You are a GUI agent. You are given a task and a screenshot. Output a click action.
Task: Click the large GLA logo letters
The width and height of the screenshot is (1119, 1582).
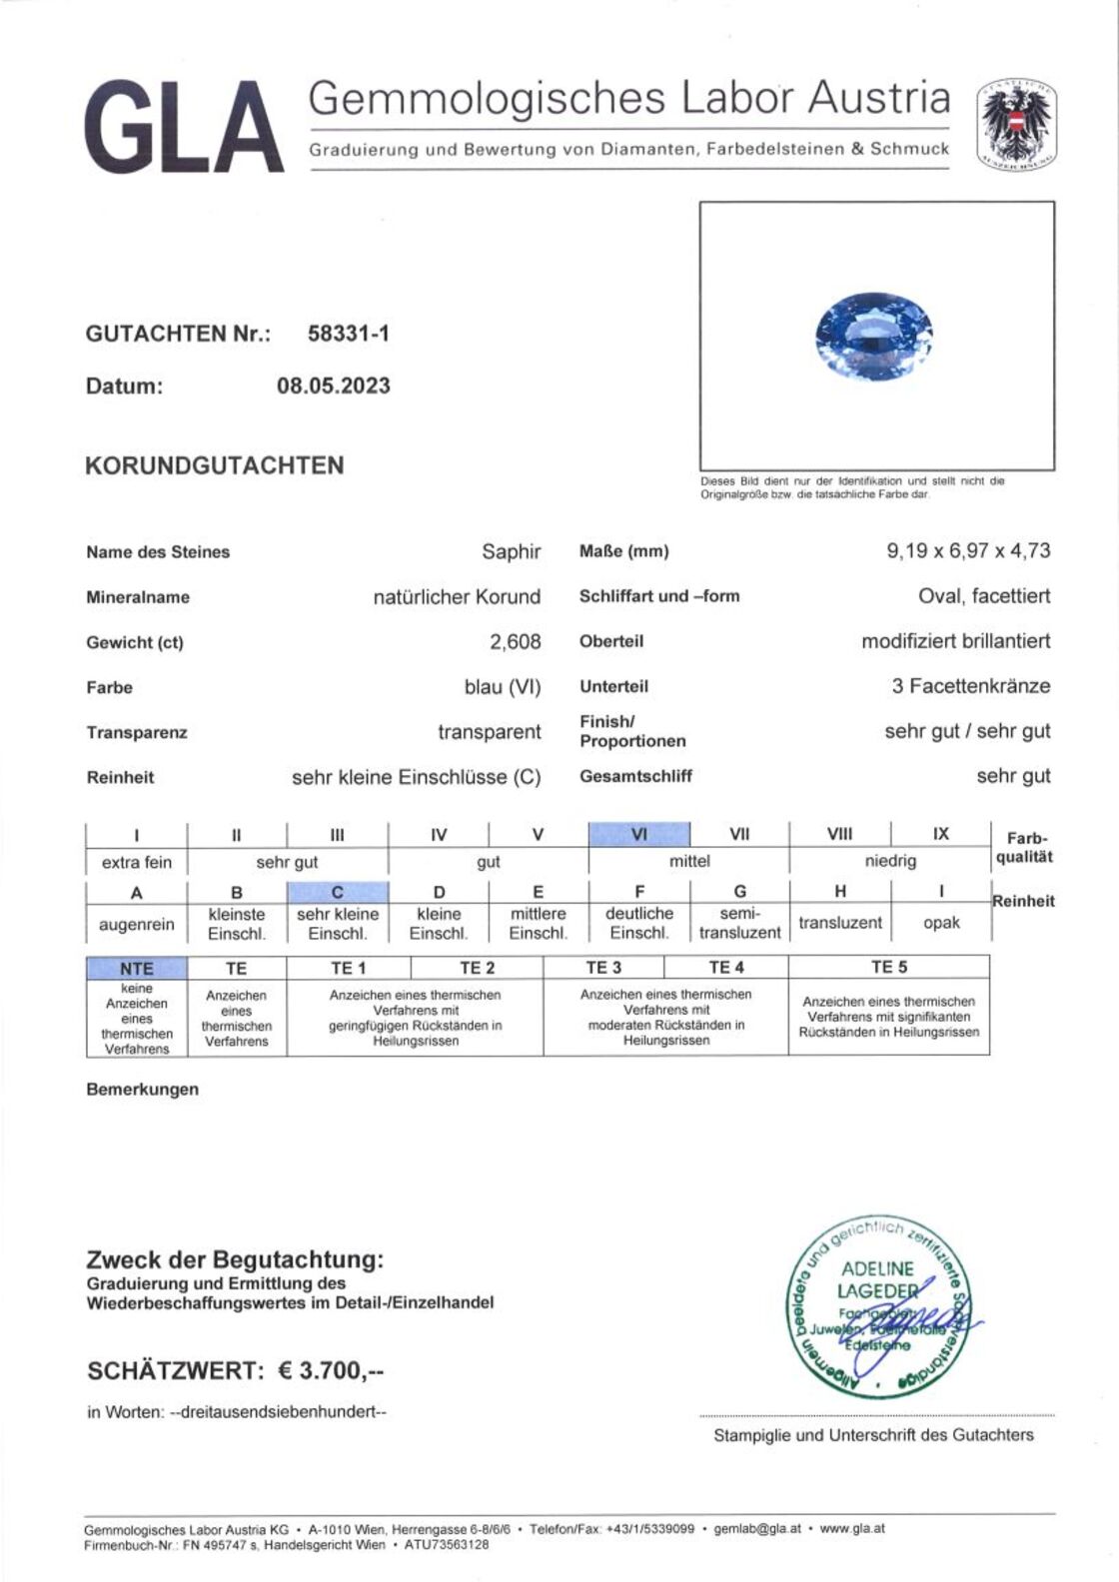pos(185,127)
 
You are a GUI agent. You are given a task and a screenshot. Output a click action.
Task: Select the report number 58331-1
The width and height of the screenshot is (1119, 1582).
pos(348,334)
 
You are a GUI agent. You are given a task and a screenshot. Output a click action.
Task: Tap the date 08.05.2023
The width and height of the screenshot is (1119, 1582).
pos(333,386)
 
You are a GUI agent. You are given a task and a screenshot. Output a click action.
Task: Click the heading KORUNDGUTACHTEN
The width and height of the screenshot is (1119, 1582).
pos(214,465)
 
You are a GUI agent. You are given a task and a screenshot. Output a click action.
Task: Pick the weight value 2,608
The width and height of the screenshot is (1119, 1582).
pos(515,642)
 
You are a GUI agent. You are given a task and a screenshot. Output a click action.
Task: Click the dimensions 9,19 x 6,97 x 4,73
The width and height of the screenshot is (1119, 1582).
pos(968,550)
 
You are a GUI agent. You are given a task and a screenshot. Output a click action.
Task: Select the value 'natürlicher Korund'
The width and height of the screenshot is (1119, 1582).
pos(457,597)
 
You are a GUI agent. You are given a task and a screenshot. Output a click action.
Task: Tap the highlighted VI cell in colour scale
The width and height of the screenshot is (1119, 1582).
pos(639,834)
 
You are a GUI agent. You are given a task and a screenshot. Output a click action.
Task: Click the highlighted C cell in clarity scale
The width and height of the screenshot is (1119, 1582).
pos(338,892)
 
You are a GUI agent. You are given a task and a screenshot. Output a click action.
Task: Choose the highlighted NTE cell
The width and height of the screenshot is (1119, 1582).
pos(137,968)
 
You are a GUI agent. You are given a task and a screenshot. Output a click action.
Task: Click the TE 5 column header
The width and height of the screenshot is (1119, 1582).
pos(888,967)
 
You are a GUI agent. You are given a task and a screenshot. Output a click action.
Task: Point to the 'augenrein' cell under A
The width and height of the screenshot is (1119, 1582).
pos(137,924)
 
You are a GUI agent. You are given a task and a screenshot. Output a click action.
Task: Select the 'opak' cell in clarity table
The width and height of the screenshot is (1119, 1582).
pos(941,923)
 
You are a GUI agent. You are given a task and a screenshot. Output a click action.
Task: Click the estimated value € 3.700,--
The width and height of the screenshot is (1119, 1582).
pos(331,1370)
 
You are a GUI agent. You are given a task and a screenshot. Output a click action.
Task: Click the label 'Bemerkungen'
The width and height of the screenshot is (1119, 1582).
pos(142,1090)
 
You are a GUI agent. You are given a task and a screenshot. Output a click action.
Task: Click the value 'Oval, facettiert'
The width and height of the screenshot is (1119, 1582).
pos(984,596)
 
